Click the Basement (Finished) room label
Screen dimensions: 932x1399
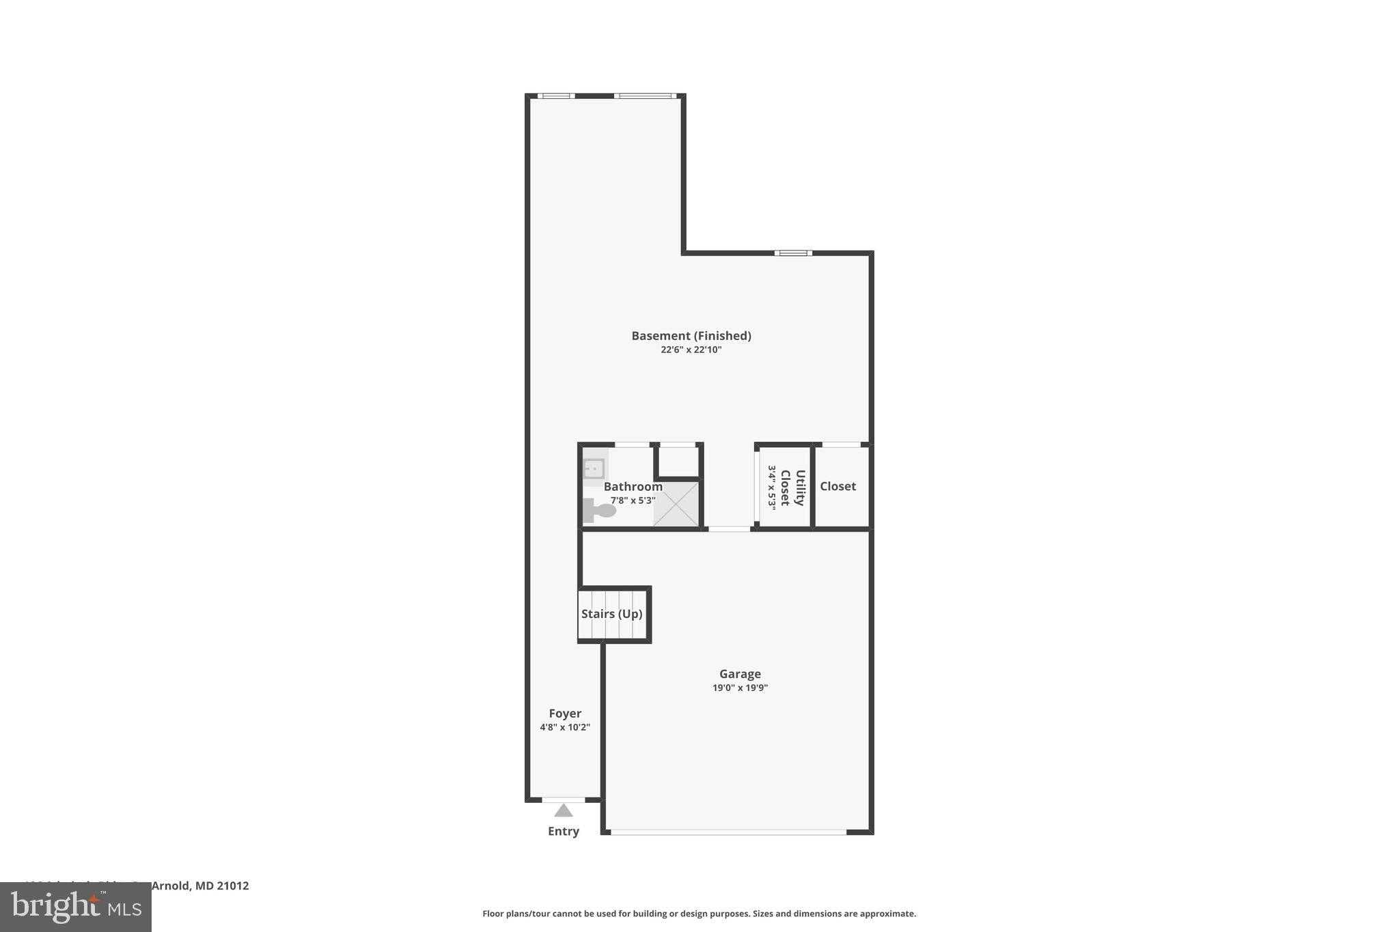coord(691,335)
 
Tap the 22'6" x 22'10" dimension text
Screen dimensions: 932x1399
coord(691,350)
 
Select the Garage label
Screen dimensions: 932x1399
coord(740,674)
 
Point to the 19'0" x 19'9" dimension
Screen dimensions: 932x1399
coord(740,688)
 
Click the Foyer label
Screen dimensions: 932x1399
coord(565,714)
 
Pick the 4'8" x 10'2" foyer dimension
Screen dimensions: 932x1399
coord(565,727)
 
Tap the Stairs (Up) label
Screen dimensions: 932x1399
coord(611,614)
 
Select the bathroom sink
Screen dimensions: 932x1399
coord(594,469)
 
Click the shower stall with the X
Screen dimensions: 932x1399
coord(676,504)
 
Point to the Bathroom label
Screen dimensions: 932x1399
coord(633,487)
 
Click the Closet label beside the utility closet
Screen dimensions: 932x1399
coord(837,486)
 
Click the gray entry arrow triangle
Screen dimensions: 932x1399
coord(564,810)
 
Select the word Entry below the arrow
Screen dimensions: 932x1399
coord(564,831)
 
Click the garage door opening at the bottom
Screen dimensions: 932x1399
coord(728,832)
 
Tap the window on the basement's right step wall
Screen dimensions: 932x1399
coord(793,253)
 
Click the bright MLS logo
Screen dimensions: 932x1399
coord(76,907)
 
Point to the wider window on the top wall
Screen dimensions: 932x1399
coord(645,96)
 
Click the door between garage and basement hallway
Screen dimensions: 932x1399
coord(729,528)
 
